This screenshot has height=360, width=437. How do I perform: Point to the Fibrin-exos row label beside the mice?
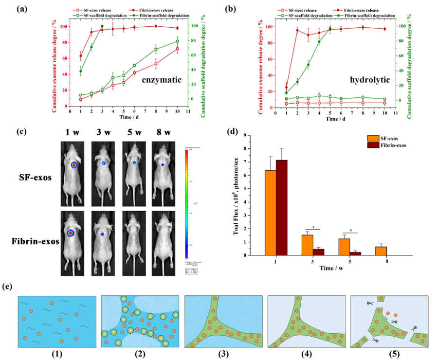[x=29, y=242]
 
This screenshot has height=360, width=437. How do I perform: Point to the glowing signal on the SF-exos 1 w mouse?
[x=73, y=165]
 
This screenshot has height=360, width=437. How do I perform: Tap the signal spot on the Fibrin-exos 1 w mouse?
[x=71, y=233]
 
